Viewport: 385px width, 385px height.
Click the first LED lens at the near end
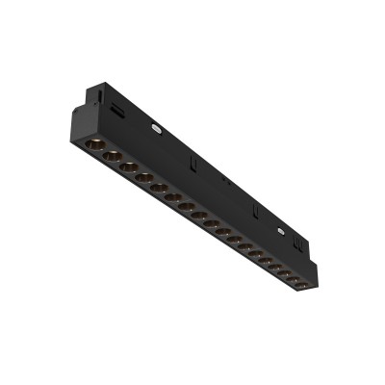click(94, 144)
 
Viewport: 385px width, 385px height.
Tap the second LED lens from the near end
click(112, 155)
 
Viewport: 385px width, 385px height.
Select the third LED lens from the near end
click(128, 166)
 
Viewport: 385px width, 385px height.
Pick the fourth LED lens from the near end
click(143, 176)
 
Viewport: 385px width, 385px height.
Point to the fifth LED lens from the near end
click(158, 186)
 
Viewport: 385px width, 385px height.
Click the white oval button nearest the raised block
click(154, 124)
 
